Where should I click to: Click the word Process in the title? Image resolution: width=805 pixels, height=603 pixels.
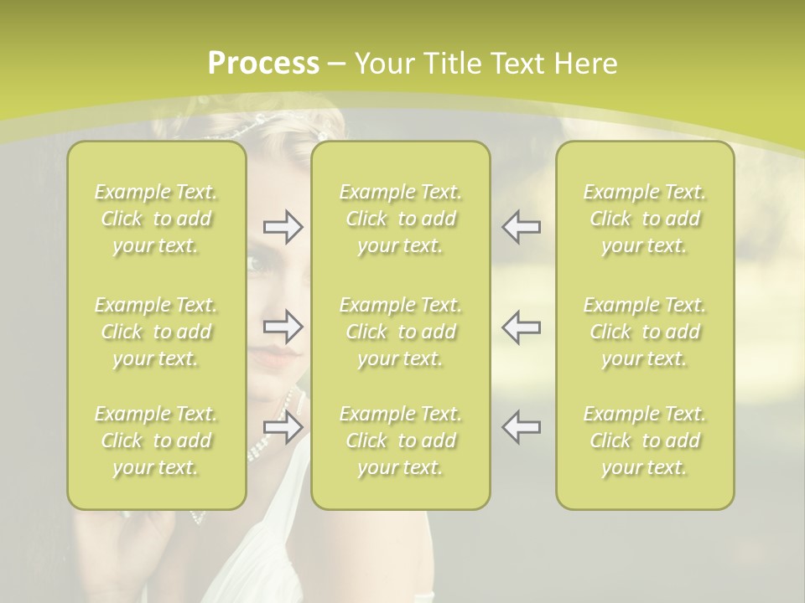(x=263, y=64)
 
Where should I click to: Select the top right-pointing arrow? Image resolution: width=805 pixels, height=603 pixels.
(x=283, y=227)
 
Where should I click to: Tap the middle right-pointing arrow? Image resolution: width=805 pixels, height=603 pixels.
(x=283, y=327)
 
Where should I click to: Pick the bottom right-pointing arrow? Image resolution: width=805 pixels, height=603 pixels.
(x=283, y=427)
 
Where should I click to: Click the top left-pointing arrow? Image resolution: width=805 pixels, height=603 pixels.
(x=522, y=227)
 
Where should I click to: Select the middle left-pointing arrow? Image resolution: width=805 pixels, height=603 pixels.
(x=522, y=327)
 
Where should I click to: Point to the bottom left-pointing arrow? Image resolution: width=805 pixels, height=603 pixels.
(x=522, y=427)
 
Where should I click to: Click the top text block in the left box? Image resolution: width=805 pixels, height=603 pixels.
(x=156, y=219)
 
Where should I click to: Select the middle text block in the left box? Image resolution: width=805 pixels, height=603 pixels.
(x=156, y=332)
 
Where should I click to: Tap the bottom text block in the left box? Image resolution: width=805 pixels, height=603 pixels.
(x=156, y=441)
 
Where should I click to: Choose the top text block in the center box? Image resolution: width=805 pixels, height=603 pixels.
(x=401, y=219)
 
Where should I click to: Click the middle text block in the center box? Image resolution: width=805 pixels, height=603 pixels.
(x=401, y=332)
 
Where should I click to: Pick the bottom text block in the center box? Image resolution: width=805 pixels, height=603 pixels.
(x=401, y=441)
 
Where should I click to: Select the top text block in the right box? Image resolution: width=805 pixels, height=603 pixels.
(x=645, y=219)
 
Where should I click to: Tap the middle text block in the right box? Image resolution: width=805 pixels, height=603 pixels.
(x=645, y=332)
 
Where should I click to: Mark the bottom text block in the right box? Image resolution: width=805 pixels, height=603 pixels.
(x=645, y=441)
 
